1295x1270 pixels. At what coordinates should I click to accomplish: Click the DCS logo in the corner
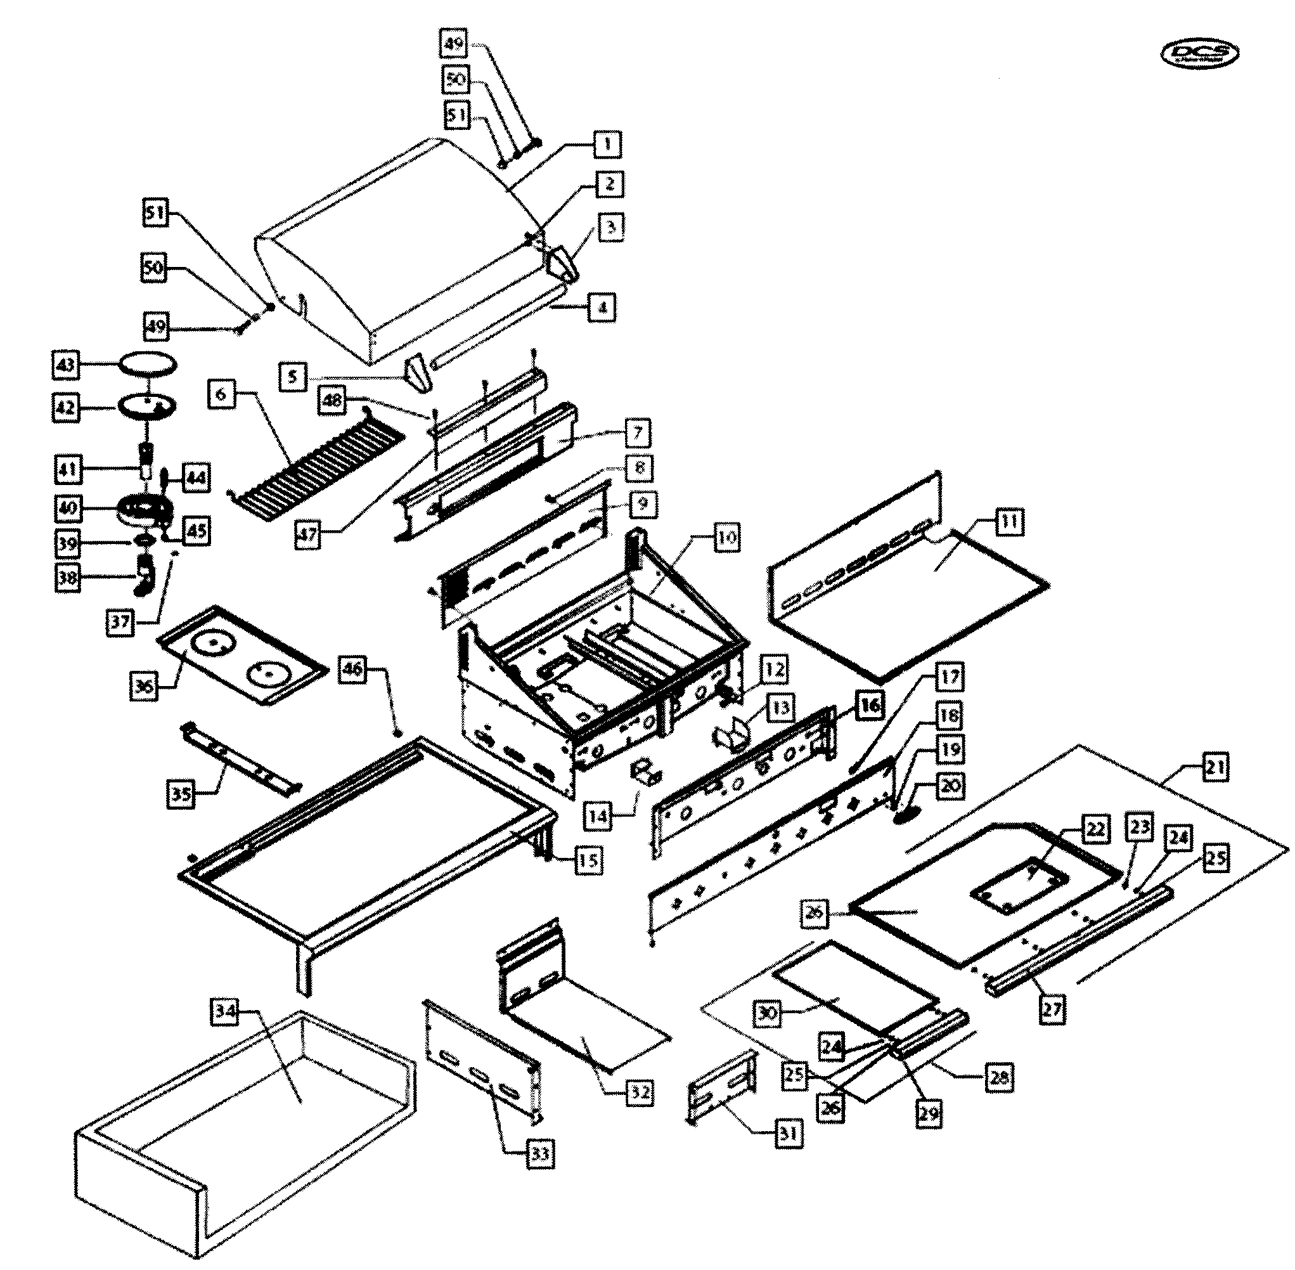1200,55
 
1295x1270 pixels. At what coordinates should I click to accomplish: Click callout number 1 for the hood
607,143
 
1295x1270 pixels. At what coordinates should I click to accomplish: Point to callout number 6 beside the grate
221,394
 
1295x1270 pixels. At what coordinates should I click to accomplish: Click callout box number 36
144,685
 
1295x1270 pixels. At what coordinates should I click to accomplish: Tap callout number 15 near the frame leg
587,860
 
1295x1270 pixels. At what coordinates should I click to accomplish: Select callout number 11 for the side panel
1009,521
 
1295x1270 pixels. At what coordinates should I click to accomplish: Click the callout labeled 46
353,668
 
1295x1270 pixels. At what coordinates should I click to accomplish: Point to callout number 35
181,793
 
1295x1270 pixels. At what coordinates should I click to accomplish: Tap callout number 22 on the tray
1095,829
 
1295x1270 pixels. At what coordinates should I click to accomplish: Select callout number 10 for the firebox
726,536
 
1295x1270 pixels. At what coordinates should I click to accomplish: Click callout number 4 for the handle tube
602,308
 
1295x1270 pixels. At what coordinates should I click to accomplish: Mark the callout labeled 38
67,577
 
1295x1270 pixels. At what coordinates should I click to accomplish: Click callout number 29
929,1112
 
